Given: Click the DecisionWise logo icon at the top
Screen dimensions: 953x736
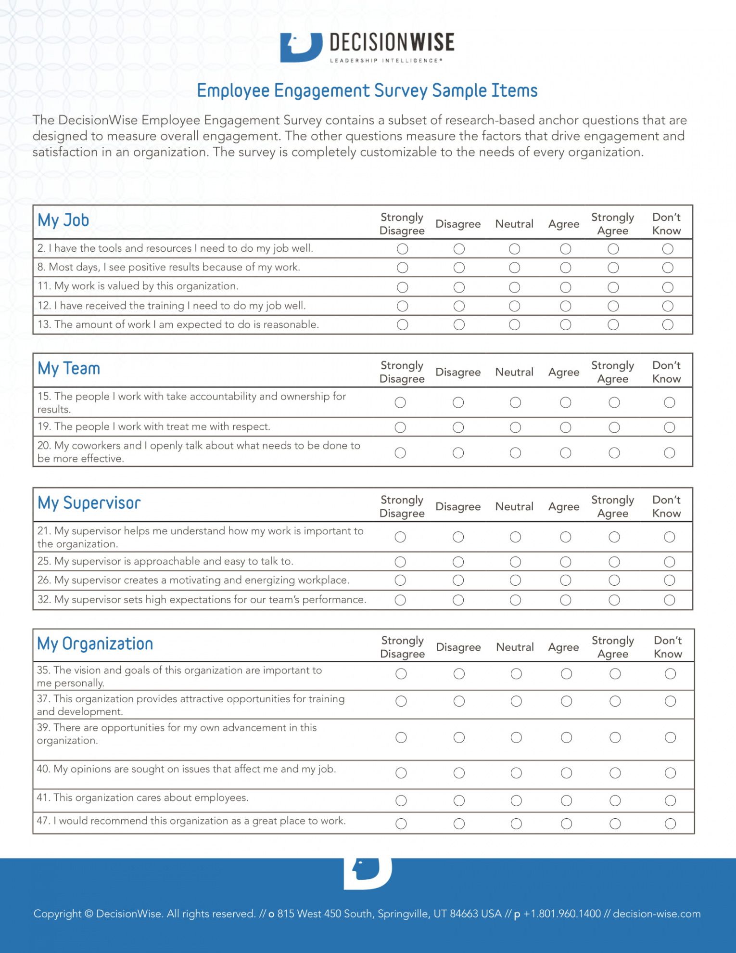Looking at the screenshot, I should (x=301, y=47).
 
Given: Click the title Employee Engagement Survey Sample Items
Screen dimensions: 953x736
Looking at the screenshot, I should (x=367, y=91).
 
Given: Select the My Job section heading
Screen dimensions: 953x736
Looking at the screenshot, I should (x=63, y=220).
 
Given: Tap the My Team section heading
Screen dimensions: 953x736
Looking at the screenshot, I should (x=69, y=369).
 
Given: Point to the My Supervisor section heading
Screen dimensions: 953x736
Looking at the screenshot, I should (x=89, y=503).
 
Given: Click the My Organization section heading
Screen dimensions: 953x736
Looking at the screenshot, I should (x=95, y=644).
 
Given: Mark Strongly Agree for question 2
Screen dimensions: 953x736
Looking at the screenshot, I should (x=613, y=249).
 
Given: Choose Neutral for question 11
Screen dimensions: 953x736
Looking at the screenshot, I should (x=514, y=287).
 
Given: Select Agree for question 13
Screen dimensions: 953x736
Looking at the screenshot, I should (x=565, y=325).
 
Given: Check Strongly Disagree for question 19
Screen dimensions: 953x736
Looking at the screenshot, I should (x=400, y=427).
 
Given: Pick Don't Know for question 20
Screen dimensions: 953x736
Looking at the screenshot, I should (x=669, y=453).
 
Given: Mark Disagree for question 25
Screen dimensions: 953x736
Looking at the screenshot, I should (x=458, y=562).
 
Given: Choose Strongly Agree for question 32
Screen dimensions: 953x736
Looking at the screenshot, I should (x=614, y=600).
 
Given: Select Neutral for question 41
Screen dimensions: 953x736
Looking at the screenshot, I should (x=516, y=800).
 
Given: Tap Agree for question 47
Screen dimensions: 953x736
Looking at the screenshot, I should (x=566, y=824).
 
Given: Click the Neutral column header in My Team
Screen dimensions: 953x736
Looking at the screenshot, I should (x=514, y=372).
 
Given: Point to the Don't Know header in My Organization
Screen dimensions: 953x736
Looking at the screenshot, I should (x=668, y=647).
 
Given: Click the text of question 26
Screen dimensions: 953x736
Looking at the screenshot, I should (x=193, y=580).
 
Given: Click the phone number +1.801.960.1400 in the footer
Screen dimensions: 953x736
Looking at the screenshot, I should (x=562, y=914).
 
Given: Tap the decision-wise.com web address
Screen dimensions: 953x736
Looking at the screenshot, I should (x=657, y=914).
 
